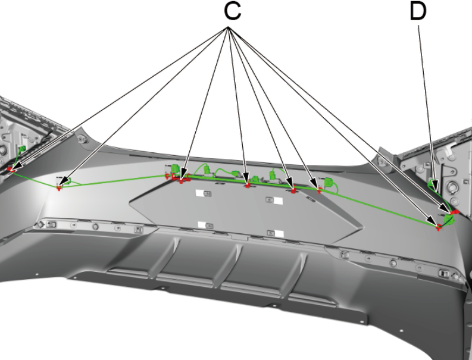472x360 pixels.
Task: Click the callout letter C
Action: [x=233, y=12]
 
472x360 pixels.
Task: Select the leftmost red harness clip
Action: [x=10, y=169]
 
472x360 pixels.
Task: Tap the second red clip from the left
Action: [x=59, y=188]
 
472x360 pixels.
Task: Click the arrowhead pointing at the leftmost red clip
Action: [x=15, y=167]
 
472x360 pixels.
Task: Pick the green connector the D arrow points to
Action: [x=433, y=184]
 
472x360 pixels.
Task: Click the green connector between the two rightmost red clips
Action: [x=449, y=221]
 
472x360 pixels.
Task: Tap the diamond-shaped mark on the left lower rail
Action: [x=40, y=224]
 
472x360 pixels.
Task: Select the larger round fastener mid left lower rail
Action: [x=94, y=227]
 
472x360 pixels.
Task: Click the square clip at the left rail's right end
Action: [x=138, y=228]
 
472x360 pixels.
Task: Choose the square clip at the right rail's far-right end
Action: [x=445, y=273]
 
